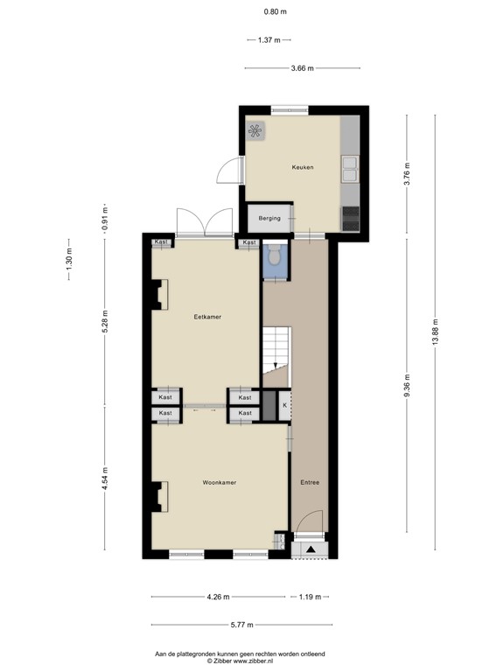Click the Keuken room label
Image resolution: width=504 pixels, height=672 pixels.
[x=303, y=167]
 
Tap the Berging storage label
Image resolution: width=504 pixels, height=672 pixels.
[x=270, y=218]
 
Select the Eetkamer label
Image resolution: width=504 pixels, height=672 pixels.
[x=206, y=318]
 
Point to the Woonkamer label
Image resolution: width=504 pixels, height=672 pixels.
[x=219, y=482]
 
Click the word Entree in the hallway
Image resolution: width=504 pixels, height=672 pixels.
[x=310, y=482]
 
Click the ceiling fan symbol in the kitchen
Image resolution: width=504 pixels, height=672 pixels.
[x=255, y=131]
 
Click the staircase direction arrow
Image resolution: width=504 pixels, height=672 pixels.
[x=276, y=366]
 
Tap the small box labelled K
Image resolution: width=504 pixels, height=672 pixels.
[x=283, y=405]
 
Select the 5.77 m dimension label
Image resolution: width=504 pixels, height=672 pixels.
[x=241, y=625]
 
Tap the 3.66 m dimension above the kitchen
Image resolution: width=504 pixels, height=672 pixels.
[x=301, y=67]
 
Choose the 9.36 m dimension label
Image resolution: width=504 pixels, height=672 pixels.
[x=407, y=383]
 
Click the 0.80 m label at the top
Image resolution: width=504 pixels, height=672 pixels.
[x=275, y=11]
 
